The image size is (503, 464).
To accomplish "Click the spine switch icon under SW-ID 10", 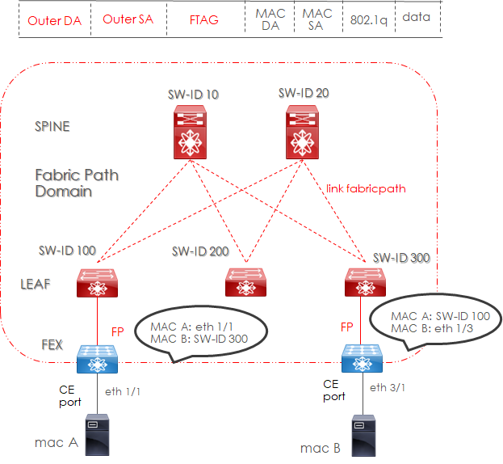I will point(191,134).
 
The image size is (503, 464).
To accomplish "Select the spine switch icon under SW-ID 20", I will point(304,134).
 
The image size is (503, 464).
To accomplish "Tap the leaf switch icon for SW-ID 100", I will point(99,281).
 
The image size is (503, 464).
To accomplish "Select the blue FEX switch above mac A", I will point(99,356).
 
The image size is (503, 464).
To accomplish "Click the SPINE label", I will point(52,126).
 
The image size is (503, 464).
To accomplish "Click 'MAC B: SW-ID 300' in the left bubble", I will point(199,338).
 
